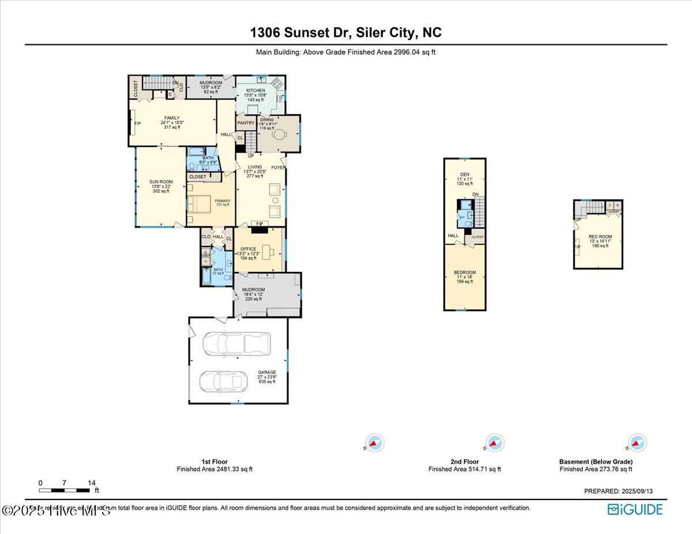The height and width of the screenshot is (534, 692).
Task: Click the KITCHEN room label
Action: click(x=255, y=91)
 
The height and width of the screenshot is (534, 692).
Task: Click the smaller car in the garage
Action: click(x=223, y=381)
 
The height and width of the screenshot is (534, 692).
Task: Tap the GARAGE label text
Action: click(x=266, y=372)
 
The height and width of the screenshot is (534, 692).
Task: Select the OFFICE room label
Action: click(x=248, y=249)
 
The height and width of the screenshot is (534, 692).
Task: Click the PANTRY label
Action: click(x=246, y=123)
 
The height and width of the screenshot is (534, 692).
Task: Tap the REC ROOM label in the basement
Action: click(x=600, y=237)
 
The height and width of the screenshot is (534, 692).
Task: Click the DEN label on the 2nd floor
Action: click(x=464, y=175)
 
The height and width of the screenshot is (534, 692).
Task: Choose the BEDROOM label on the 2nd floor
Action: click(x=464, y=272)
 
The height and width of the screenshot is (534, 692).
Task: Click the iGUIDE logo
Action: click(x=635, y=509)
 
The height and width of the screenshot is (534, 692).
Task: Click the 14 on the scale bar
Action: click(x=91, y=483)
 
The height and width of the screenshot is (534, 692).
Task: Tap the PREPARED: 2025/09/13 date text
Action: click(x=618, y=491)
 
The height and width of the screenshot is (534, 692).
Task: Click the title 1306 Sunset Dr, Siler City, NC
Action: click(x=346, y=33)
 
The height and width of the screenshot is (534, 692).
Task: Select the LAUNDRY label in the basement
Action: click(x=614, y=212)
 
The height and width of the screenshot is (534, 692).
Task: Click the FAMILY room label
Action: click(x=172, y=118)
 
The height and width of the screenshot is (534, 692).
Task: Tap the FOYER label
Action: click(x=279, y=168)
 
